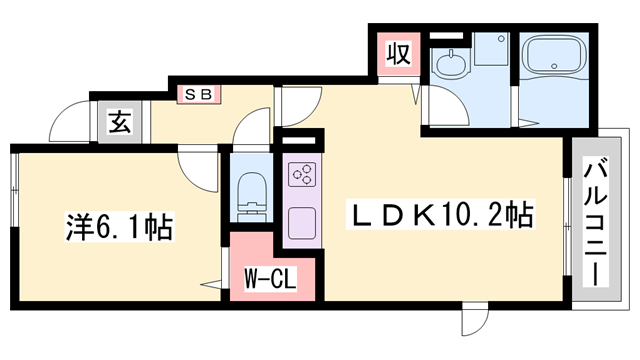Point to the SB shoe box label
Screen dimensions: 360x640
click(195, 94)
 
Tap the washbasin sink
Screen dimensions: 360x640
click(450, 62)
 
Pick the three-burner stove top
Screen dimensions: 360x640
click(302, 174)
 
